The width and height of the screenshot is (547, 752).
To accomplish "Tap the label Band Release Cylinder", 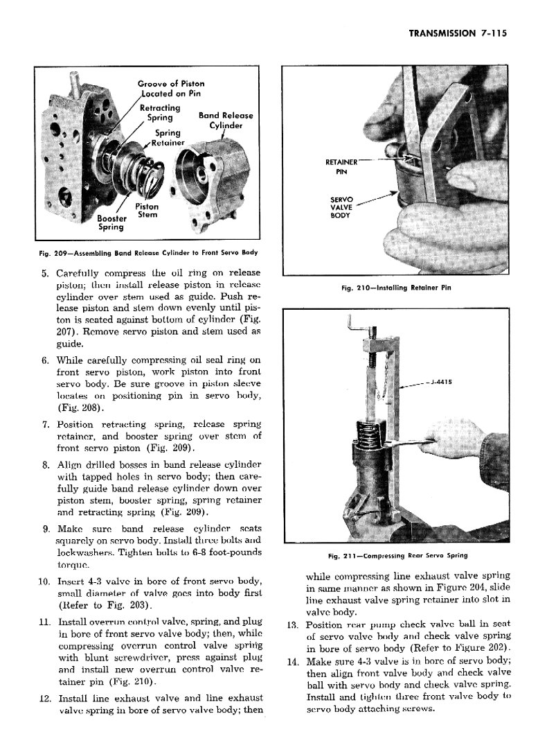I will (x=225, y=121).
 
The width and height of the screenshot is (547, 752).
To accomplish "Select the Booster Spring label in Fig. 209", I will (x=110, y=222).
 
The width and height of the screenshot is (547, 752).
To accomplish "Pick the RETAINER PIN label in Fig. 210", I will (x=341, y=167).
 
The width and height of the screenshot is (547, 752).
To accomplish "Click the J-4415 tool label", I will (x=440, y=382).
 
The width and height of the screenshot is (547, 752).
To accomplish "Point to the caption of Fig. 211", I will (x=397, y=555).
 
